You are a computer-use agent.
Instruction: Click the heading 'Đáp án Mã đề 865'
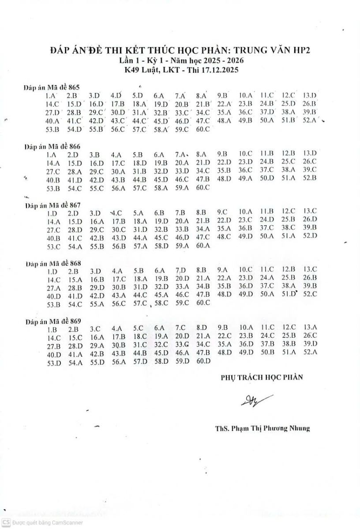coord(52,88)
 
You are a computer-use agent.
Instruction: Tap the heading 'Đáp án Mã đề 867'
coord(53,205)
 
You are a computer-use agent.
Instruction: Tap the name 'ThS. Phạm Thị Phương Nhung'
coord(262,428)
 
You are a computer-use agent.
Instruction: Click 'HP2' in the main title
coord(301,51)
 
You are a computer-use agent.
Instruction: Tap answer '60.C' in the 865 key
coord(203,129)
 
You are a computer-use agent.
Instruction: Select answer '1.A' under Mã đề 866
coord(52,155)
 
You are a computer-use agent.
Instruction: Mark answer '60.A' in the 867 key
coord(203,246)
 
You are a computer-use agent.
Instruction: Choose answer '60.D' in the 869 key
coord(203,361)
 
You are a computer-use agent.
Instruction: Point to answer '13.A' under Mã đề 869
coord(310,327)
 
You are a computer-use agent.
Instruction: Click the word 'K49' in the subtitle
coord(131,70)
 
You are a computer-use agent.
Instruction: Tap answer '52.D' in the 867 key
coord(310,236)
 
